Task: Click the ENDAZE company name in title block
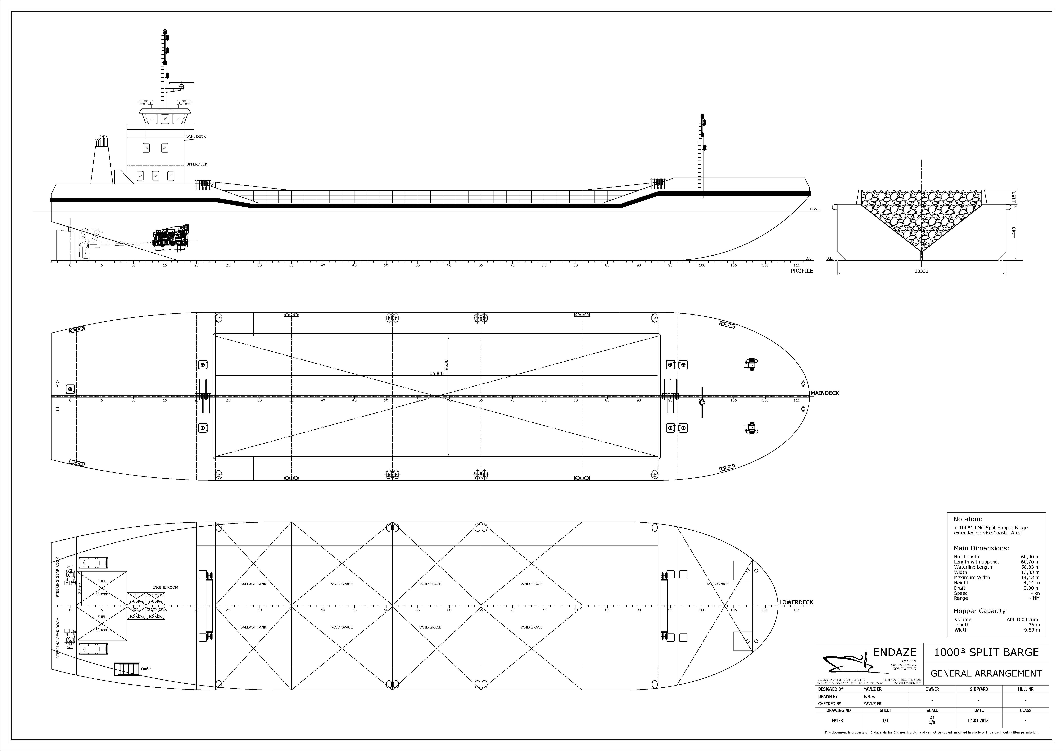tap(894, 652)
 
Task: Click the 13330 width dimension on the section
tap(921, 271)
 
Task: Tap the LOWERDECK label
tap(796, 602)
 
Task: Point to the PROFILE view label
tap(801, 271)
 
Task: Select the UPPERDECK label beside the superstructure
tap(197, 164)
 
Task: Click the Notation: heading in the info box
tap(968, 519)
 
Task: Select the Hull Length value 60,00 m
tap(1030, 557)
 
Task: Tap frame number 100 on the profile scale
tap(702, 265)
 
